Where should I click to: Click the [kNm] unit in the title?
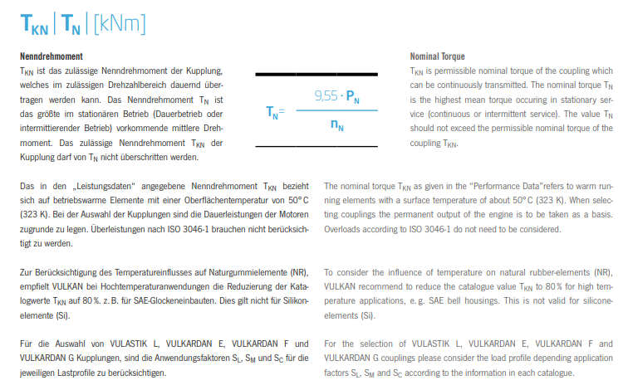point(119,24)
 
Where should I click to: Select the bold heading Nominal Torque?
point(437,56)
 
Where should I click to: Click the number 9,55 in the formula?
point(326,96)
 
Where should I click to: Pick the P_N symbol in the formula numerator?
point(352,97)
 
